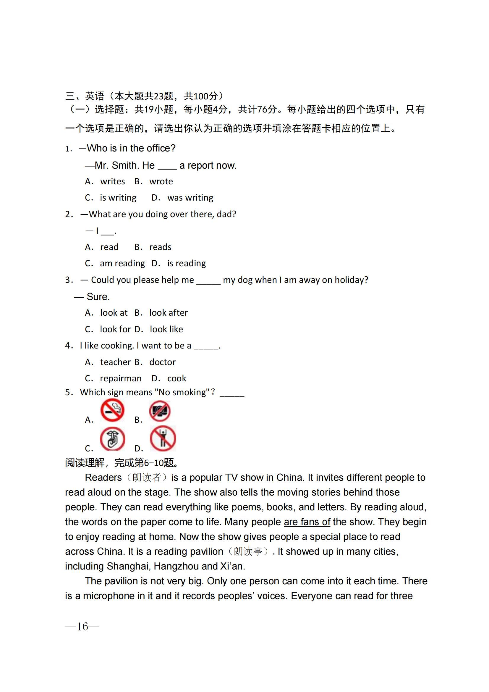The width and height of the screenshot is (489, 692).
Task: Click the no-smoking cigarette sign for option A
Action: pos(112,410)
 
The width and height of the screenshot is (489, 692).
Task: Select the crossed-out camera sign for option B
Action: pos(160,411)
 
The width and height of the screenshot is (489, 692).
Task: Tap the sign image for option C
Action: pos(112,439)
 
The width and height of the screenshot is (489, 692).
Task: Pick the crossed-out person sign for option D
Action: pos(163,438)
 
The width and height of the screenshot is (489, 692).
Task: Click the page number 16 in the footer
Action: pos(82,627)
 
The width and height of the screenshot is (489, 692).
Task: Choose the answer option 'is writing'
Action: pos(118,198)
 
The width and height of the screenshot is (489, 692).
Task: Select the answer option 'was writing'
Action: pos(190,198)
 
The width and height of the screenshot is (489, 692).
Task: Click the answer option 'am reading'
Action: pos(122,263)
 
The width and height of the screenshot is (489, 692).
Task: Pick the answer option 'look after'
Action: pos(168,313)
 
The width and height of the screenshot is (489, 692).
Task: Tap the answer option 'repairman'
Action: pos(120,379)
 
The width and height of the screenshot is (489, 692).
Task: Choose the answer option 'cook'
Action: pos(177,379)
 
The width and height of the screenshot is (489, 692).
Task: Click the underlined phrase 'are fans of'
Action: pos(307,522)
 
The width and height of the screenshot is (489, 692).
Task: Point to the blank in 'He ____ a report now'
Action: pos(167,166)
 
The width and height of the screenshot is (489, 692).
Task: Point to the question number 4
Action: pos(68,346)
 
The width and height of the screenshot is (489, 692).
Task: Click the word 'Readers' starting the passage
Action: pos(103,478)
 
